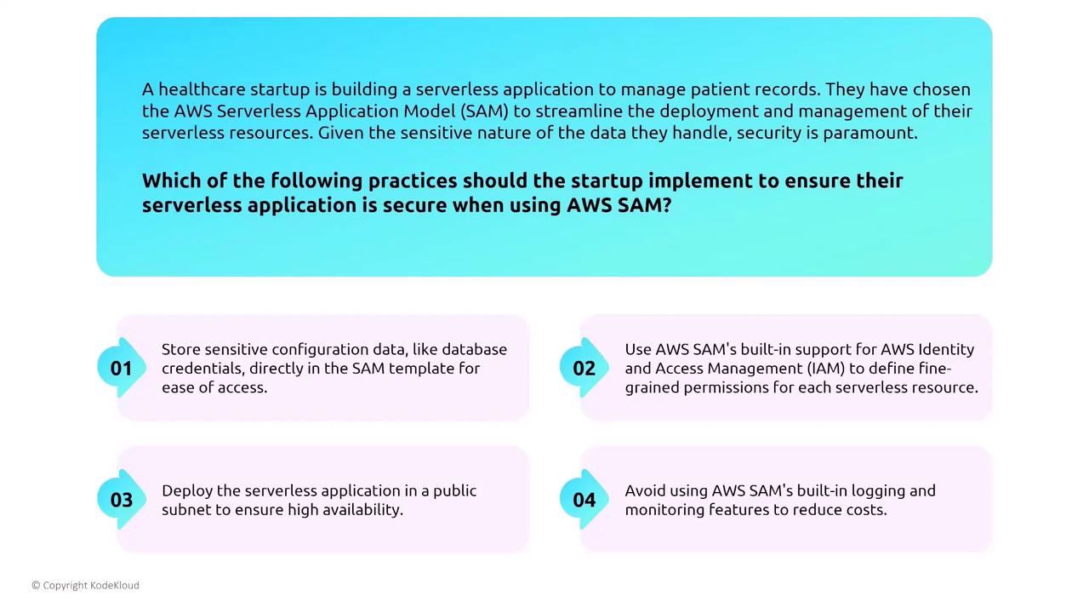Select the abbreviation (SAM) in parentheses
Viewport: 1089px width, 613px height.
[x=484, y=112]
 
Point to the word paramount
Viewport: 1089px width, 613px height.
[x=870, y=134]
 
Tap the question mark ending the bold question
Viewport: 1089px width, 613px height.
[x=666, y=205]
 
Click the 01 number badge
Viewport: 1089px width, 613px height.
[x=122, y=369]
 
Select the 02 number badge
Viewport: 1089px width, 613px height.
[x=584, y=369]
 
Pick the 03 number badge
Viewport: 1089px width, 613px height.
[x=122, y=500]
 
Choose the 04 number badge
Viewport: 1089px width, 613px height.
[x=584, y=500]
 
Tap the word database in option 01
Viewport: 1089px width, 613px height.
[x=475, y=349]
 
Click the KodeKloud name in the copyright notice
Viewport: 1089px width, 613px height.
[x=115, y=585]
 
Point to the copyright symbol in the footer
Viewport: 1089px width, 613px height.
[x=36, y=585]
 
